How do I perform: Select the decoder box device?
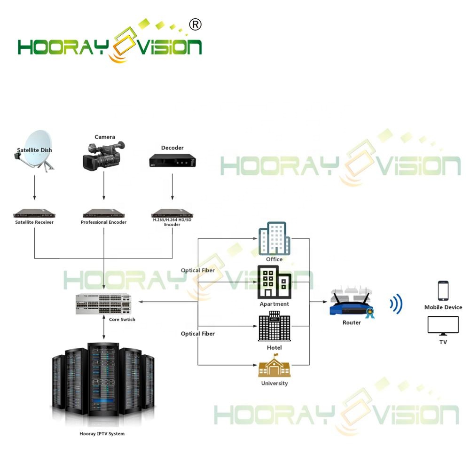[x=172, y=161]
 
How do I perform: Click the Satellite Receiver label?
[x=34, y=222]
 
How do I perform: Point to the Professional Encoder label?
[x=103, y=222]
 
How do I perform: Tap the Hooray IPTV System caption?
[x=102, y=434]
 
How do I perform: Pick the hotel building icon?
[x=274, y=327]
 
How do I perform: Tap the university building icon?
[x=274, y=367]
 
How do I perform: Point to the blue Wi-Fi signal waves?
[x=396, y=304]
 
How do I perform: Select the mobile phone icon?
[x=443, y=291]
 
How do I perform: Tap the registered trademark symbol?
[x=195, y=24]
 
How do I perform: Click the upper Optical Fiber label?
[x=198, y=270]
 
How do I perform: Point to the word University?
[x=274, y=383]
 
